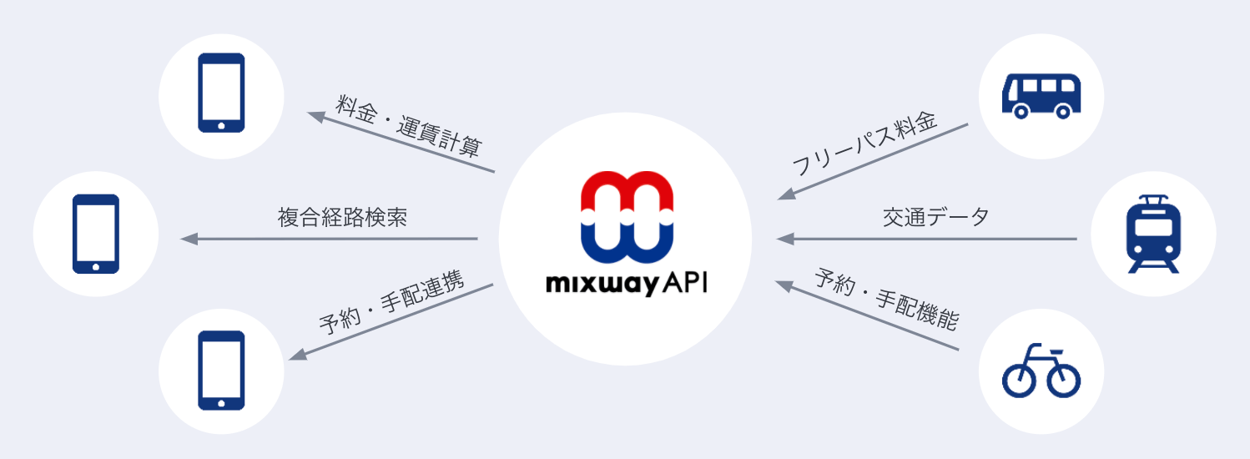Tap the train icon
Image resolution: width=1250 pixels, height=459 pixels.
[1153, 235]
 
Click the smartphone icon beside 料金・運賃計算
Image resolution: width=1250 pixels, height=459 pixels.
[221, 93]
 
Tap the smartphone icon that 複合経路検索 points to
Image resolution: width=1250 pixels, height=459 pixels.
[96, 234]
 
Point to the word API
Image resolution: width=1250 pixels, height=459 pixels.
[684, 284]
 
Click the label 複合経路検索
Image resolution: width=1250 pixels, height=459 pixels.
[342, 218]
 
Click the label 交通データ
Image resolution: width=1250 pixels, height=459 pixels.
[935, 218]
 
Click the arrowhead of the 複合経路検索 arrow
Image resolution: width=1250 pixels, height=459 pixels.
[189, 240]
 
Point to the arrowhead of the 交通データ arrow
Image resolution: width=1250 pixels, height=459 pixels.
[784, 240]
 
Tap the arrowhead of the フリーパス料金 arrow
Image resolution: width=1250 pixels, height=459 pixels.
[784, 194]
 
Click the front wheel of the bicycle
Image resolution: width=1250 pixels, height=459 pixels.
[1061, 380]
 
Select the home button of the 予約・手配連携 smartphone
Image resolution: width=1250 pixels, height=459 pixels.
[221, 402]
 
